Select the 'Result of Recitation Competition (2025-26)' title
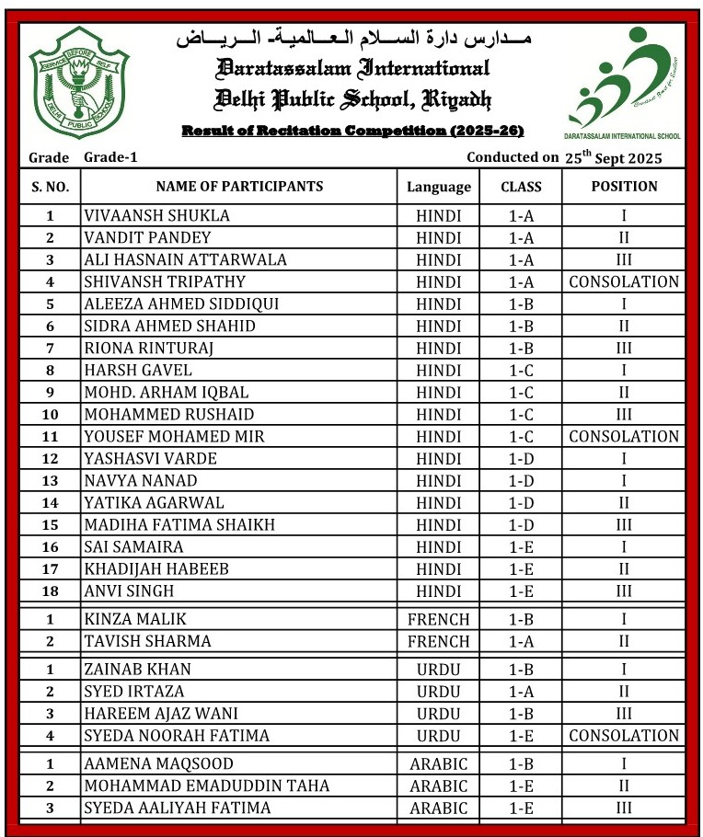(x=352, y=131)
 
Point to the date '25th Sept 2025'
(x=613, y=157)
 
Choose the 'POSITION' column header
(x=624, y=186)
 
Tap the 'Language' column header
(x=438, y=187)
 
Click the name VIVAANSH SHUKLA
(x=156, y=216)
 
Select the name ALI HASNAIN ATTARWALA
(x=185, y=260)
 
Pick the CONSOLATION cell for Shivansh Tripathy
(x=624, y=282)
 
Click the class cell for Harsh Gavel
(x=521, y=371)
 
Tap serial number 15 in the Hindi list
(x=50, y=525)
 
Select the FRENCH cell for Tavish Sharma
(x=438, y=641)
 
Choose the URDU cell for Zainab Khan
(x=438, y=669)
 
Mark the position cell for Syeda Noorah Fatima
(x=624, y=735)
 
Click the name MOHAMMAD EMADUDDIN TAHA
(x=206, y=785)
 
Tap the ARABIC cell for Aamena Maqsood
(x=438, y=763)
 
